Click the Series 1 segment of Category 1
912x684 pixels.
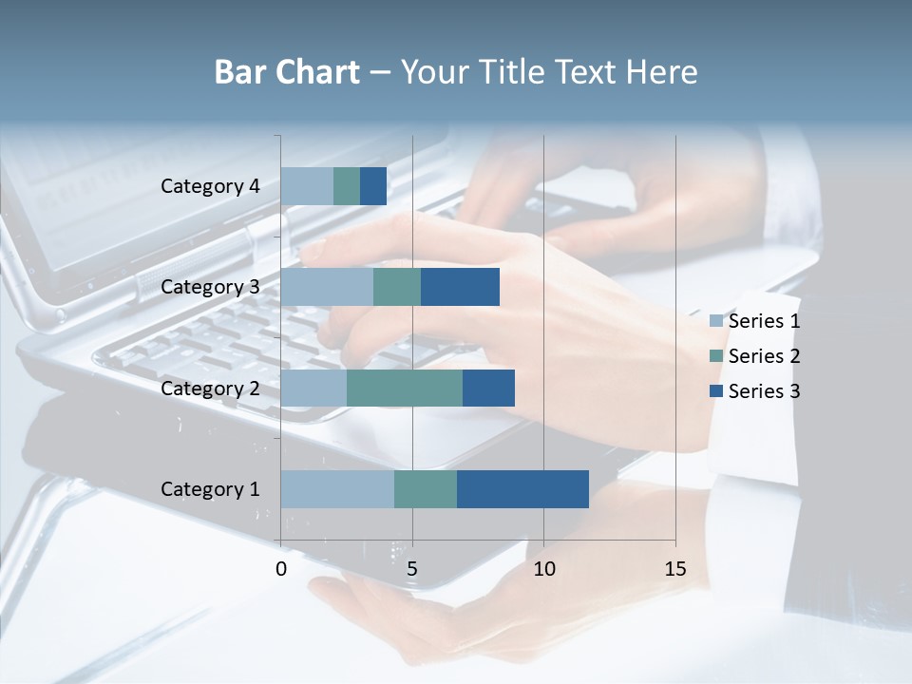[337, 489]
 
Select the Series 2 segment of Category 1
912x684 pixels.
[426, 489]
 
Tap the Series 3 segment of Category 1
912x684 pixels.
[522, 489]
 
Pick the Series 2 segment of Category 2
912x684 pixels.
[405, 388]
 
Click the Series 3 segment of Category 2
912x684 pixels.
[488, 388]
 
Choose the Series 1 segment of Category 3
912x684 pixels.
[327, 287]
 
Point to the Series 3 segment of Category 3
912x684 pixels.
[460, 287]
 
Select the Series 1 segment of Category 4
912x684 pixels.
[307, 186]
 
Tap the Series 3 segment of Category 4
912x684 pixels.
[373, 186]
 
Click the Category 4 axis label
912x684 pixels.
[210, 186]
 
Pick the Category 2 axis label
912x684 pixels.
[210, 388]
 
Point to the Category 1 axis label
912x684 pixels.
[210, 489]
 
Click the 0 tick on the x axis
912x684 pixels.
[281, 569]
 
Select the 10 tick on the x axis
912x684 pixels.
[543, 569]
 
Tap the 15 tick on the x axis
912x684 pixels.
[675, 569]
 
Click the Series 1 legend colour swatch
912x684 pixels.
[716, 321]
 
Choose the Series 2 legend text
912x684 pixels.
[764, 356]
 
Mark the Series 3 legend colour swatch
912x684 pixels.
[716, 391]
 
